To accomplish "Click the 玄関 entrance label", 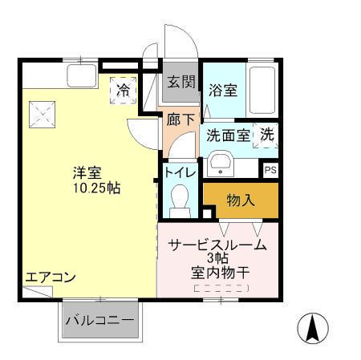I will [181, 81].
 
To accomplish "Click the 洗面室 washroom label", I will [227, 136].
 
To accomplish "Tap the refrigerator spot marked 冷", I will [123, 90].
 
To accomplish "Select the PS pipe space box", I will [270, 169].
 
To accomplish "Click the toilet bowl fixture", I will [180, 197].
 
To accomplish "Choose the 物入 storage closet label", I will [241, 200].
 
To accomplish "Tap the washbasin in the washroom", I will [220, 164].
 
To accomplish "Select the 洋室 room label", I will [87, 172].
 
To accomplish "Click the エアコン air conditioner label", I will [50, 277].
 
